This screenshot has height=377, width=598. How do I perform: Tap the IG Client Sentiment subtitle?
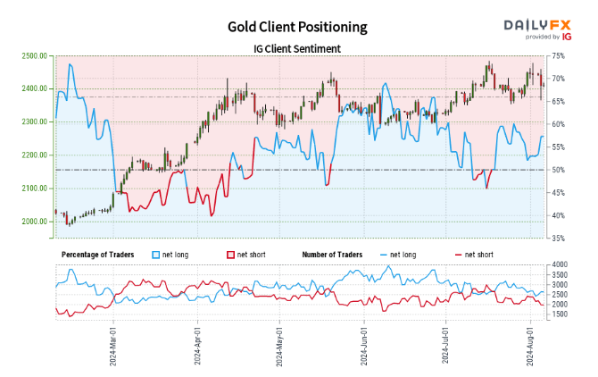pos(298,48)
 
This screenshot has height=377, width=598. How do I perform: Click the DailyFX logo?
pos(538,26)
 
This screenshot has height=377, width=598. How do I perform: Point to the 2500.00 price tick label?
pos(31,56)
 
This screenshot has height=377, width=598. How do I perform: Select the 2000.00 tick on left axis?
pos(31,222)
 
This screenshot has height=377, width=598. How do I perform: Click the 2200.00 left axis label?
pos(31,155)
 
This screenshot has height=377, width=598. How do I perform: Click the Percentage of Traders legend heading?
pos(96,256)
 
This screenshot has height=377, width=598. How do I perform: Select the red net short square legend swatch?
pos(233,256)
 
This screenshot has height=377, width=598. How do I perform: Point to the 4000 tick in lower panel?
pos(561,265)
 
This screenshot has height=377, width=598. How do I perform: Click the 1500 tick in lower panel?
pos(561,314)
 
